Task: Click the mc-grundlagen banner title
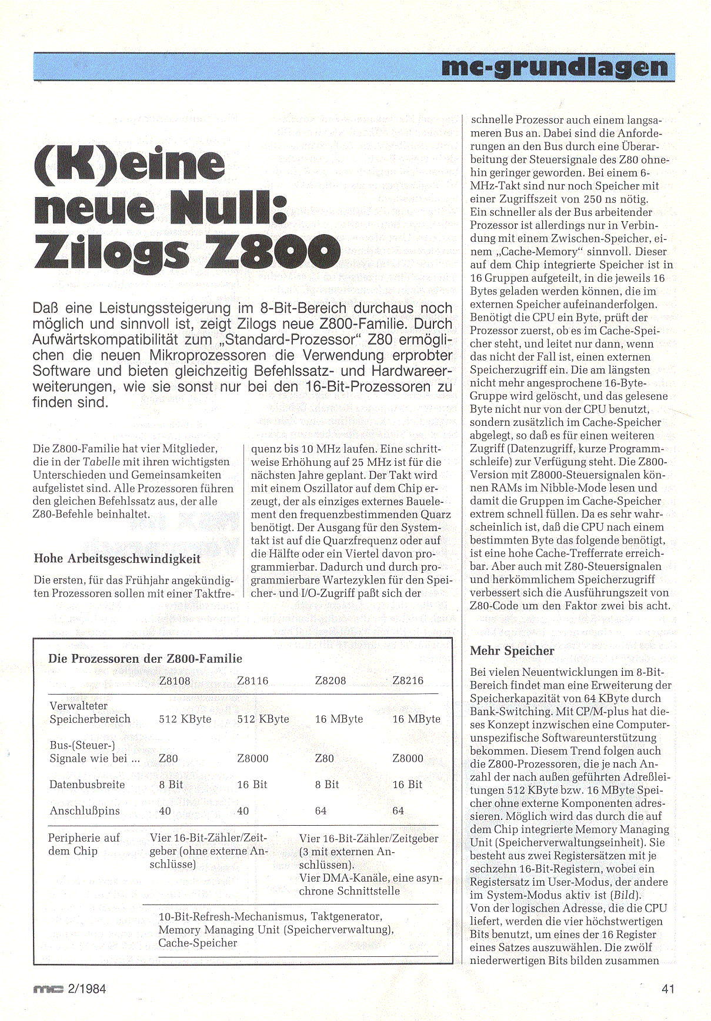[555, 68]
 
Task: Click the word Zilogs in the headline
[112, 252]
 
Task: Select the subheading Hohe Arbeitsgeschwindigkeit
[117, 559]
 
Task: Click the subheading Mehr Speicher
[512, 650]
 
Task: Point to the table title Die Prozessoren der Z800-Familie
[145, 659]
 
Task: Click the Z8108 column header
[175, 681]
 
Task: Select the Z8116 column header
[252, 681]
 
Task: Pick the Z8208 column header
[331, 681]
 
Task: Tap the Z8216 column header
[408, 680]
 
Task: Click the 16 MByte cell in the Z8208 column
[339, 719]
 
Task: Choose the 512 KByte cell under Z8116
[263, 719]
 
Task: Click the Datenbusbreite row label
[87, 785]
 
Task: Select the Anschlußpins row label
[85, 810]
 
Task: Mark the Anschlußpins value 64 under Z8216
[398, 811]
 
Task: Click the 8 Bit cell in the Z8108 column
[171, 785]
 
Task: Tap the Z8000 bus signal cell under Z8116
[252, 759]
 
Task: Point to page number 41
[668, 989]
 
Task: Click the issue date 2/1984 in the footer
[87, 989]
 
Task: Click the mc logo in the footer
[48, 990]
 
